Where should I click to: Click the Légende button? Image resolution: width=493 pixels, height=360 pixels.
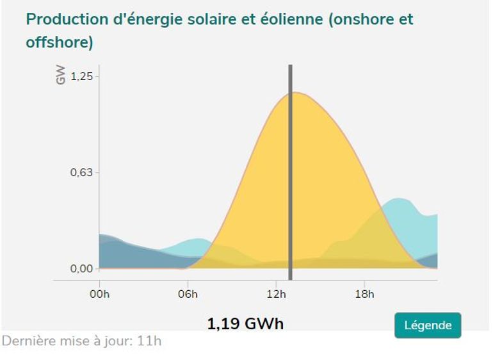click(428, 325)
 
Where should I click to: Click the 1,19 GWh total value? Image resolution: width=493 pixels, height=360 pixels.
click(245, 323)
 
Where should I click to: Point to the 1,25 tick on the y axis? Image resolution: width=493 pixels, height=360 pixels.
click(81, 76)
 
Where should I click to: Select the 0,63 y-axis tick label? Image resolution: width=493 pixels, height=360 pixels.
click(81, 172)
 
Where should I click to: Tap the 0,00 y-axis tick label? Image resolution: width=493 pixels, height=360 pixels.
click(81, 268)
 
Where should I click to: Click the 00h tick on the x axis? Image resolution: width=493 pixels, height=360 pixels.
click(99, 294)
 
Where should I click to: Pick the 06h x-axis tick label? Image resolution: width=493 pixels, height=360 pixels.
click(188, 294)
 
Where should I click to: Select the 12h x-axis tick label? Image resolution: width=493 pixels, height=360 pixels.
click(276, 294)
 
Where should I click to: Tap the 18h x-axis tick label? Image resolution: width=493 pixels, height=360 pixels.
click(364, 294)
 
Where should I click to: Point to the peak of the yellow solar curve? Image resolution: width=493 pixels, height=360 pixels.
click(296, 93)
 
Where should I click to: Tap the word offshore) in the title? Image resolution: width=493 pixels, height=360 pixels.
click(60, 44)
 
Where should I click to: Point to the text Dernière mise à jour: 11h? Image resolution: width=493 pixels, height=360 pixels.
click(81, 341)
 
